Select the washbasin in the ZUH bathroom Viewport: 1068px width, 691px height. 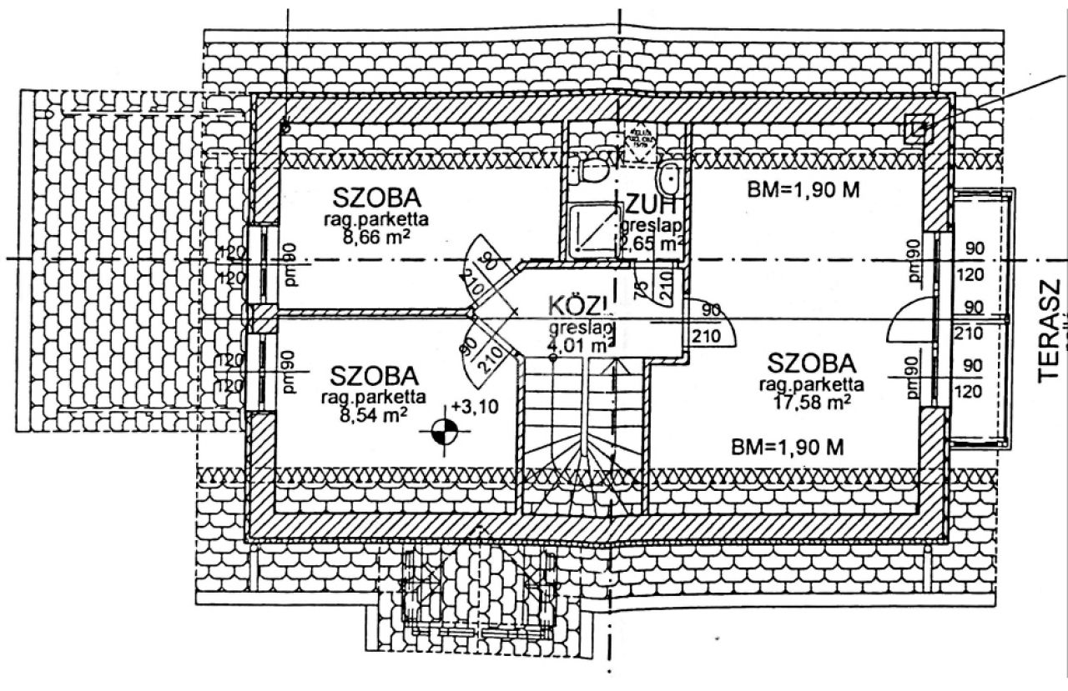coord(670,176)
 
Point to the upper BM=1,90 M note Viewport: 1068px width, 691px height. coord(804,190)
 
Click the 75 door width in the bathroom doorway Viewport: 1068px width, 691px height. coord(640,290)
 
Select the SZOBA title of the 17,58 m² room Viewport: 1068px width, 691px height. coord(812,363)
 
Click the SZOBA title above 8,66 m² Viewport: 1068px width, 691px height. coord(375,199)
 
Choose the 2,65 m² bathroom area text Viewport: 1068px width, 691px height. coord(651,243)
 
